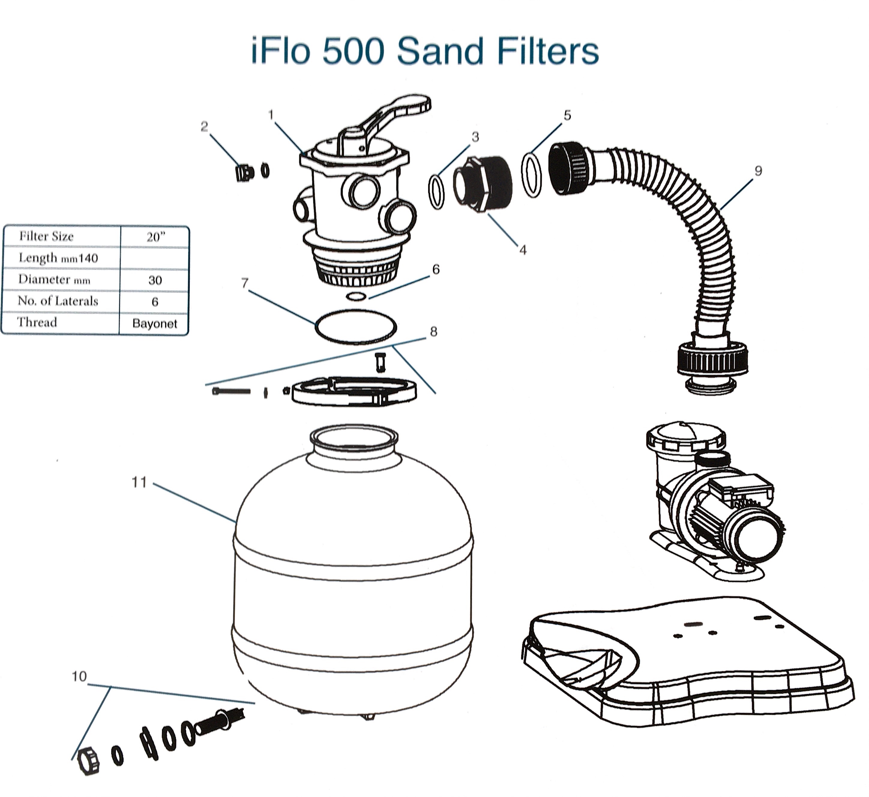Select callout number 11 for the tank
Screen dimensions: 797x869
(x=139, y=483)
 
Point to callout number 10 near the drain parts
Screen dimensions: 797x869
(x=79, y=677)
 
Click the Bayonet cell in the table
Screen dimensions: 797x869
(x=155, y=323)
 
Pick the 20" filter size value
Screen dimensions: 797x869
(x=155, y=237)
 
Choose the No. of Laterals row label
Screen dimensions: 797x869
(x=58, y=301)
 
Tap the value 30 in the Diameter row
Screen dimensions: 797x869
(x=155, y=280)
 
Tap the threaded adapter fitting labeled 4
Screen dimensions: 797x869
(x=483, y=183)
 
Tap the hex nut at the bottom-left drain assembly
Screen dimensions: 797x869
(x=89, y=761)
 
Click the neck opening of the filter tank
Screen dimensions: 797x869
(x=354, y=438)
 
